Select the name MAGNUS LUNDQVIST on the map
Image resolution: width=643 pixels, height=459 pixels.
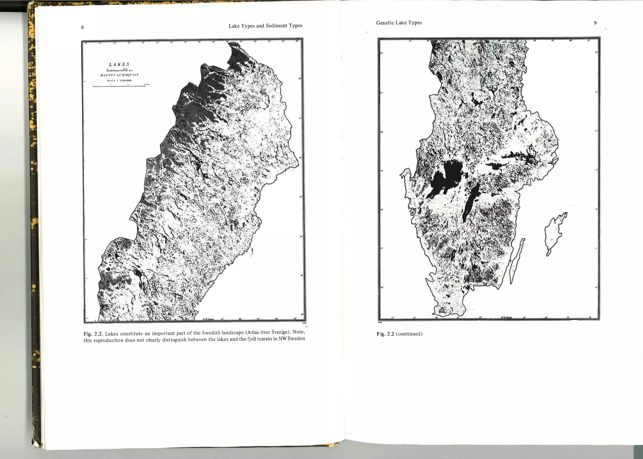pos(119,75)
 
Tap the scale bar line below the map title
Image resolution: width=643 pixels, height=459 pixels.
pos(119,86)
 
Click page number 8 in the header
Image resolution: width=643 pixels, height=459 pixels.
pos(82,27)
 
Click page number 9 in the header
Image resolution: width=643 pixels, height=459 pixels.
pos(595,23)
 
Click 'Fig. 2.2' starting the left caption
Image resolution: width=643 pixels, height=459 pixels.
pos(93,334)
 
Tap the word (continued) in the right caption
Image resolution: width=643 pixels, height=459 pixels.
pos(409,334)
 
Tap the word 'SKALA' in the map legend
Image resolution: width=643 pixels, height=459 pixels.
pos(111,81)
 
